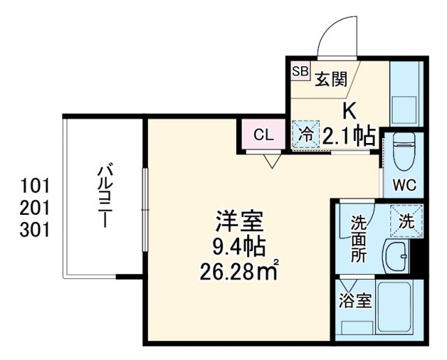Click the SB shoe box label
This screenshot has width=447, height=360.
pos(300,70)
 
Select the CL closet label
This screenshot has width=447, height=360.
pos(263,135)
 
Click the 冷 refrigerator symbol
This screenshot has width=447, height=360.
pos(305,134)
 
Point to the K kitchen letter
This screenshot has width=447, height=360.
pos(349,111)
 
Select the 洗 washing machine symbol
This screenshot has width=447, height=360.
pos(406,222)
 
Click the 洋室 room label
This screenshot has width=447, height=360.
pos(238,225)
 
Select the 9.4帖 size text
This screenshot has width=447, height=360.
pos(238,246)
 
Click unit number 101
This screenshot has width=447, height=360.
pos(36,186)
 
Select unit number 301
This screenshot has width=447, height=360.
pos(36,230)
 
